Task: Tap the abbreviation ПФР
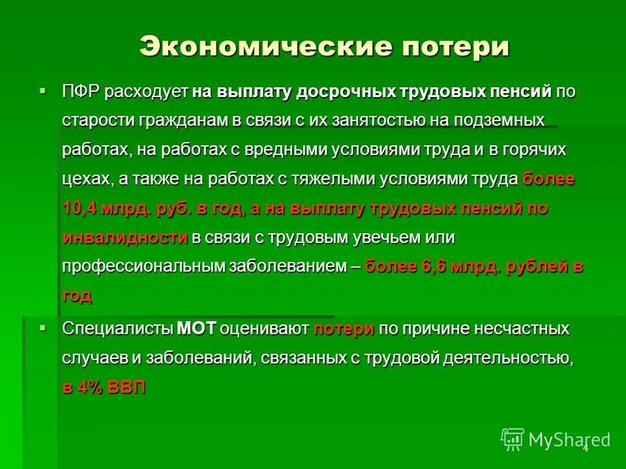pos(81,91)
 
